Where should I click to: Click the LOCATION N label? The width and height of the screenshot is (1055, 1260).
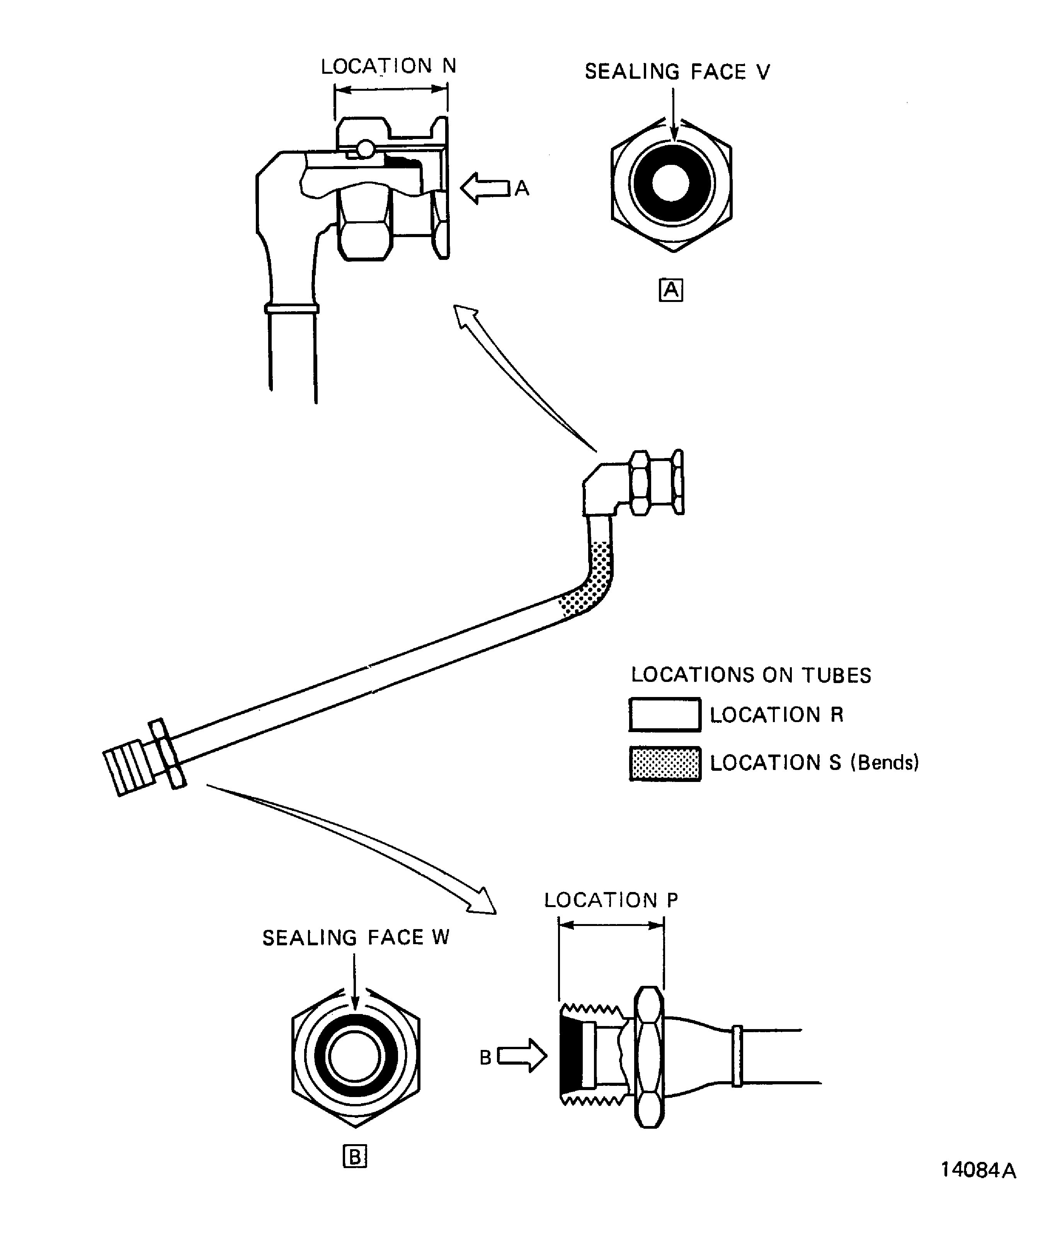[x=388, y=66]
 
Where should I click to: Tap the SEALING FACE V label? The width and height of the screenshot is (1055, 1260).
[x=677, y=72]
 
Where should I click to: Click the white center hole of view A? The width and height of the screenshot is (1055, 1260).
[x=671, y=183]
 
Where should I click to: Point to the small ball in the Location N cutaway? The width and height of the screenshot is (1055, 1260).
[x=364, y=148]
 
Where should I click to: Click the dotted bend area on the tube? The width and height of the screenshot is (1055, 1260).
[x=591, y=585]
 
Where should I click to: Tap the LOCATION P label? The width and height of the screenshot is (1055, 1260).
[x=611, y=900]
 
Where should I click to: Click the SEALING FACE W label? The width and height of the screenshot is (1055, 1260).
[x=356, y=938]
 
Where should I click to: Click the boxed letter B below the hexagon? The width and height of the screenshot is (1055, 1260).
[x=354, y=1156]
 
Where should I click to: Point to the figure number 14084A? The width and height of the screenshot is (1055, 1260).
[x=978, y=1187]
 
